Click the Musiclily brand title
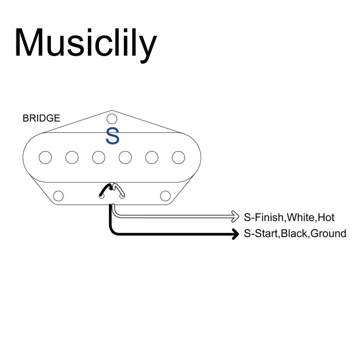tap(85, 43)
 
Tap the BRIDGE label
tap(41, 118)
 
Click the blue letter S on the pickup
tap(112, 136)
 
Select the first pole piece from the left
tap(45, 157)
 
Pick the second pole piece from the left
tap(72, 157)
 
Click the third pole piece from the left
tap(99, 157)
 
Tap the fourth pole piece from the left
tap(125, 157)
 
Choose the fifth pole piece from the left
tap(152, 157)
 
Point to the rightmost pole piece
tap(178, 157)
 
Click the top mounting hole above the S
tap(112, 117)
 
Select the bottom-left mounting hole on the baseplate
tap(59, 195)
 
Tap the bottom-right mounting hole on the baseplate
tap(166, 195)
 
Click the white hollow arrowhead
tap(235, 216)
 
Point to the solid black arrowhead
tap(235, 234)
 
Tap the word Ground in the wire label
tap(328, 234)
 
